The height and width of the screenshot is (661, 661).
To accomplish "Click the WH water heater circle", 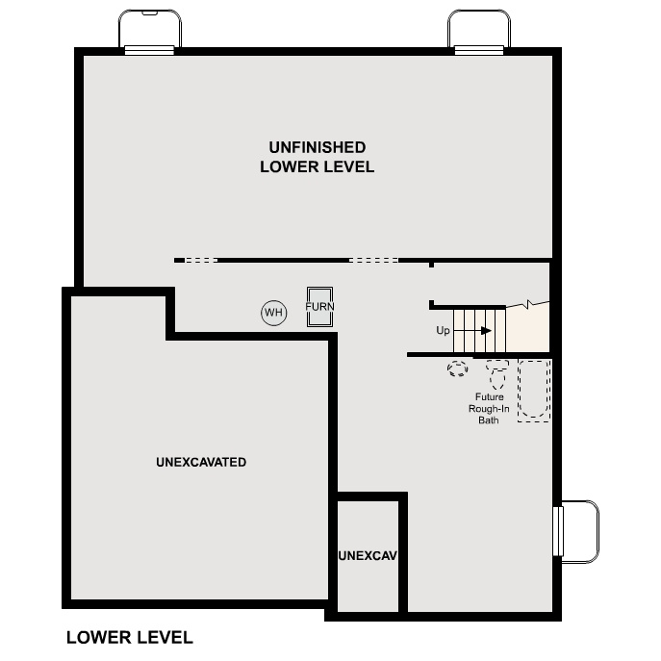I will (x=274, y=313).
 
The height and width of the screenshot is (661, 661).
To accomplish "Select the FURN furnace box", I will (x=319, y=307).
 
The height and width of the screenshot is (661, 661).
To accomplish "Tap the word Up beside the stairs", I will (x=443, y=331).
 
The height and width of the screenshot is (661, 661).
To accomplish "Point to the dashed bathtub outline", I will (x=534, y=390).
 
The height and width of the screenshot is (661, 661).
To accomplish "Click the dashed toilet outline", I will (x=496, y=371).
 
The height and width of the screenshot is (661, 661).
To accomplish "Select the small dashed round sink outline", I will (x=457, y=369).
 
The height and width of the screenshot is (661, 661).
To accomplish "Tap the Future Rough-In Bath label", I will (x=488, y=408).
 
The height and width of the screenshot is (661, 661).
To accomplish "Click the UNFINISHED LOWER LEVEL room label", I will (x=317, y=157).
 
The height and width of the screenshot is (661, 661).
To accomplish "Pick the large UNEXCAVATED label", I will (x=201, y=462).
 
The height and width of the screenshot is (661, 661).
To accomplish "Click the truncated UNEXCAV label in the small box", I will (x=368, y=556).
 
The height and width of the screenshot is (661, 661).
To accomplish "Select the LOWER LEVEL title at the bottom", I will (x=129, y=637).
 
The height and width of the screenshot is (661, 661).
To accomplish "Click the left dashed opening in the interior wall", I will (x=201, y=260).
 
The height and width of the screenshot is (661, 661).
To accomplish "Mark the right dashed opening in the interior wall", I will (x=373, y=260).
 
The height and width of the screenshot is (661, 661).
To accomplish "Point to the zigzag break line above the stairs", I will (x=527, y=305).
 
